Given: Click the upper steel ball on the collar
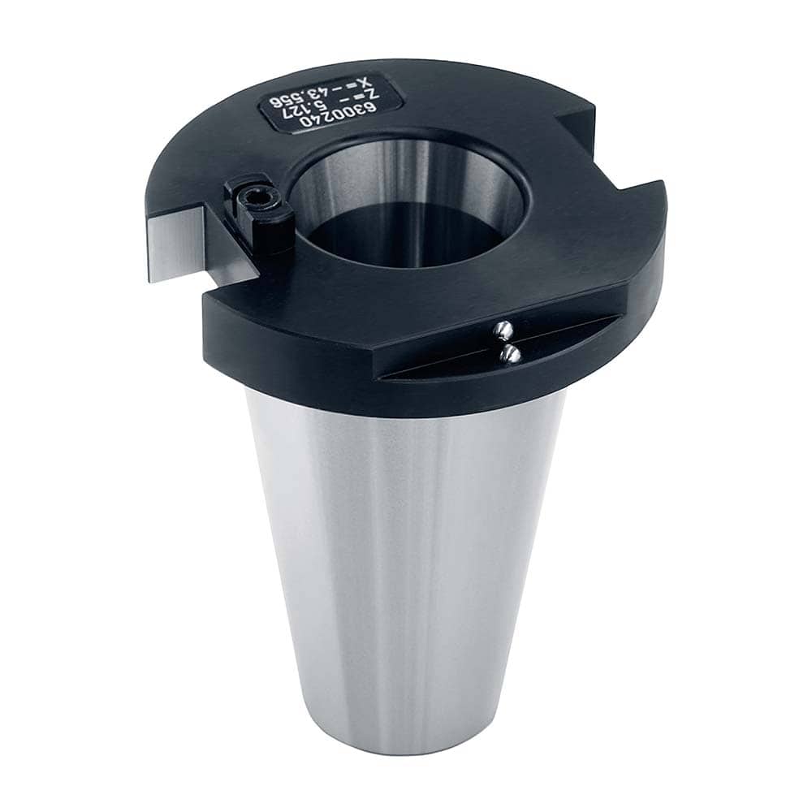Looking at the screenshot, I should point(503,329).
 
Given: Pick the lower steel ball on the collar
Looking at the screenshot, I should point(512,353).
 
